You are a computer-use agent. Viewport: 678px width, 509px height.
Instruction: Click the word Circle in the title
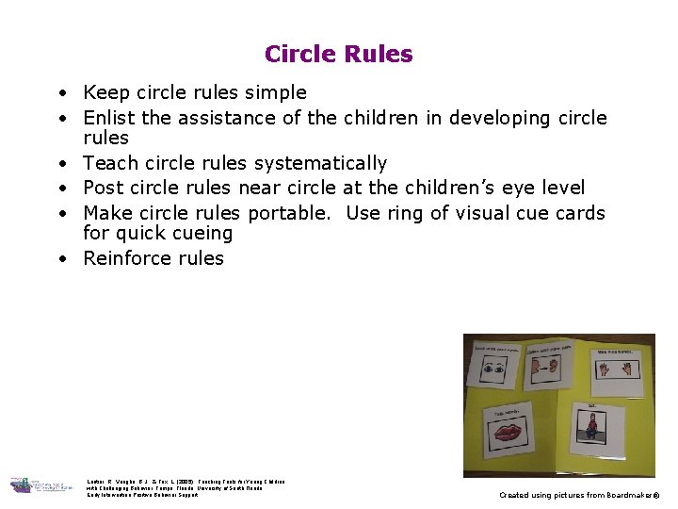[299, 55]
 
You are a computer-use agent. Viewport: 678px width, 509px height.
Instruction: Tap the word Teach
[110, 163]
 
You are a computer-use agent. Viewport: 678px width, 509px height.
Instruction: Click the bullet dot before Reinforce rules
[59, 258]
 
